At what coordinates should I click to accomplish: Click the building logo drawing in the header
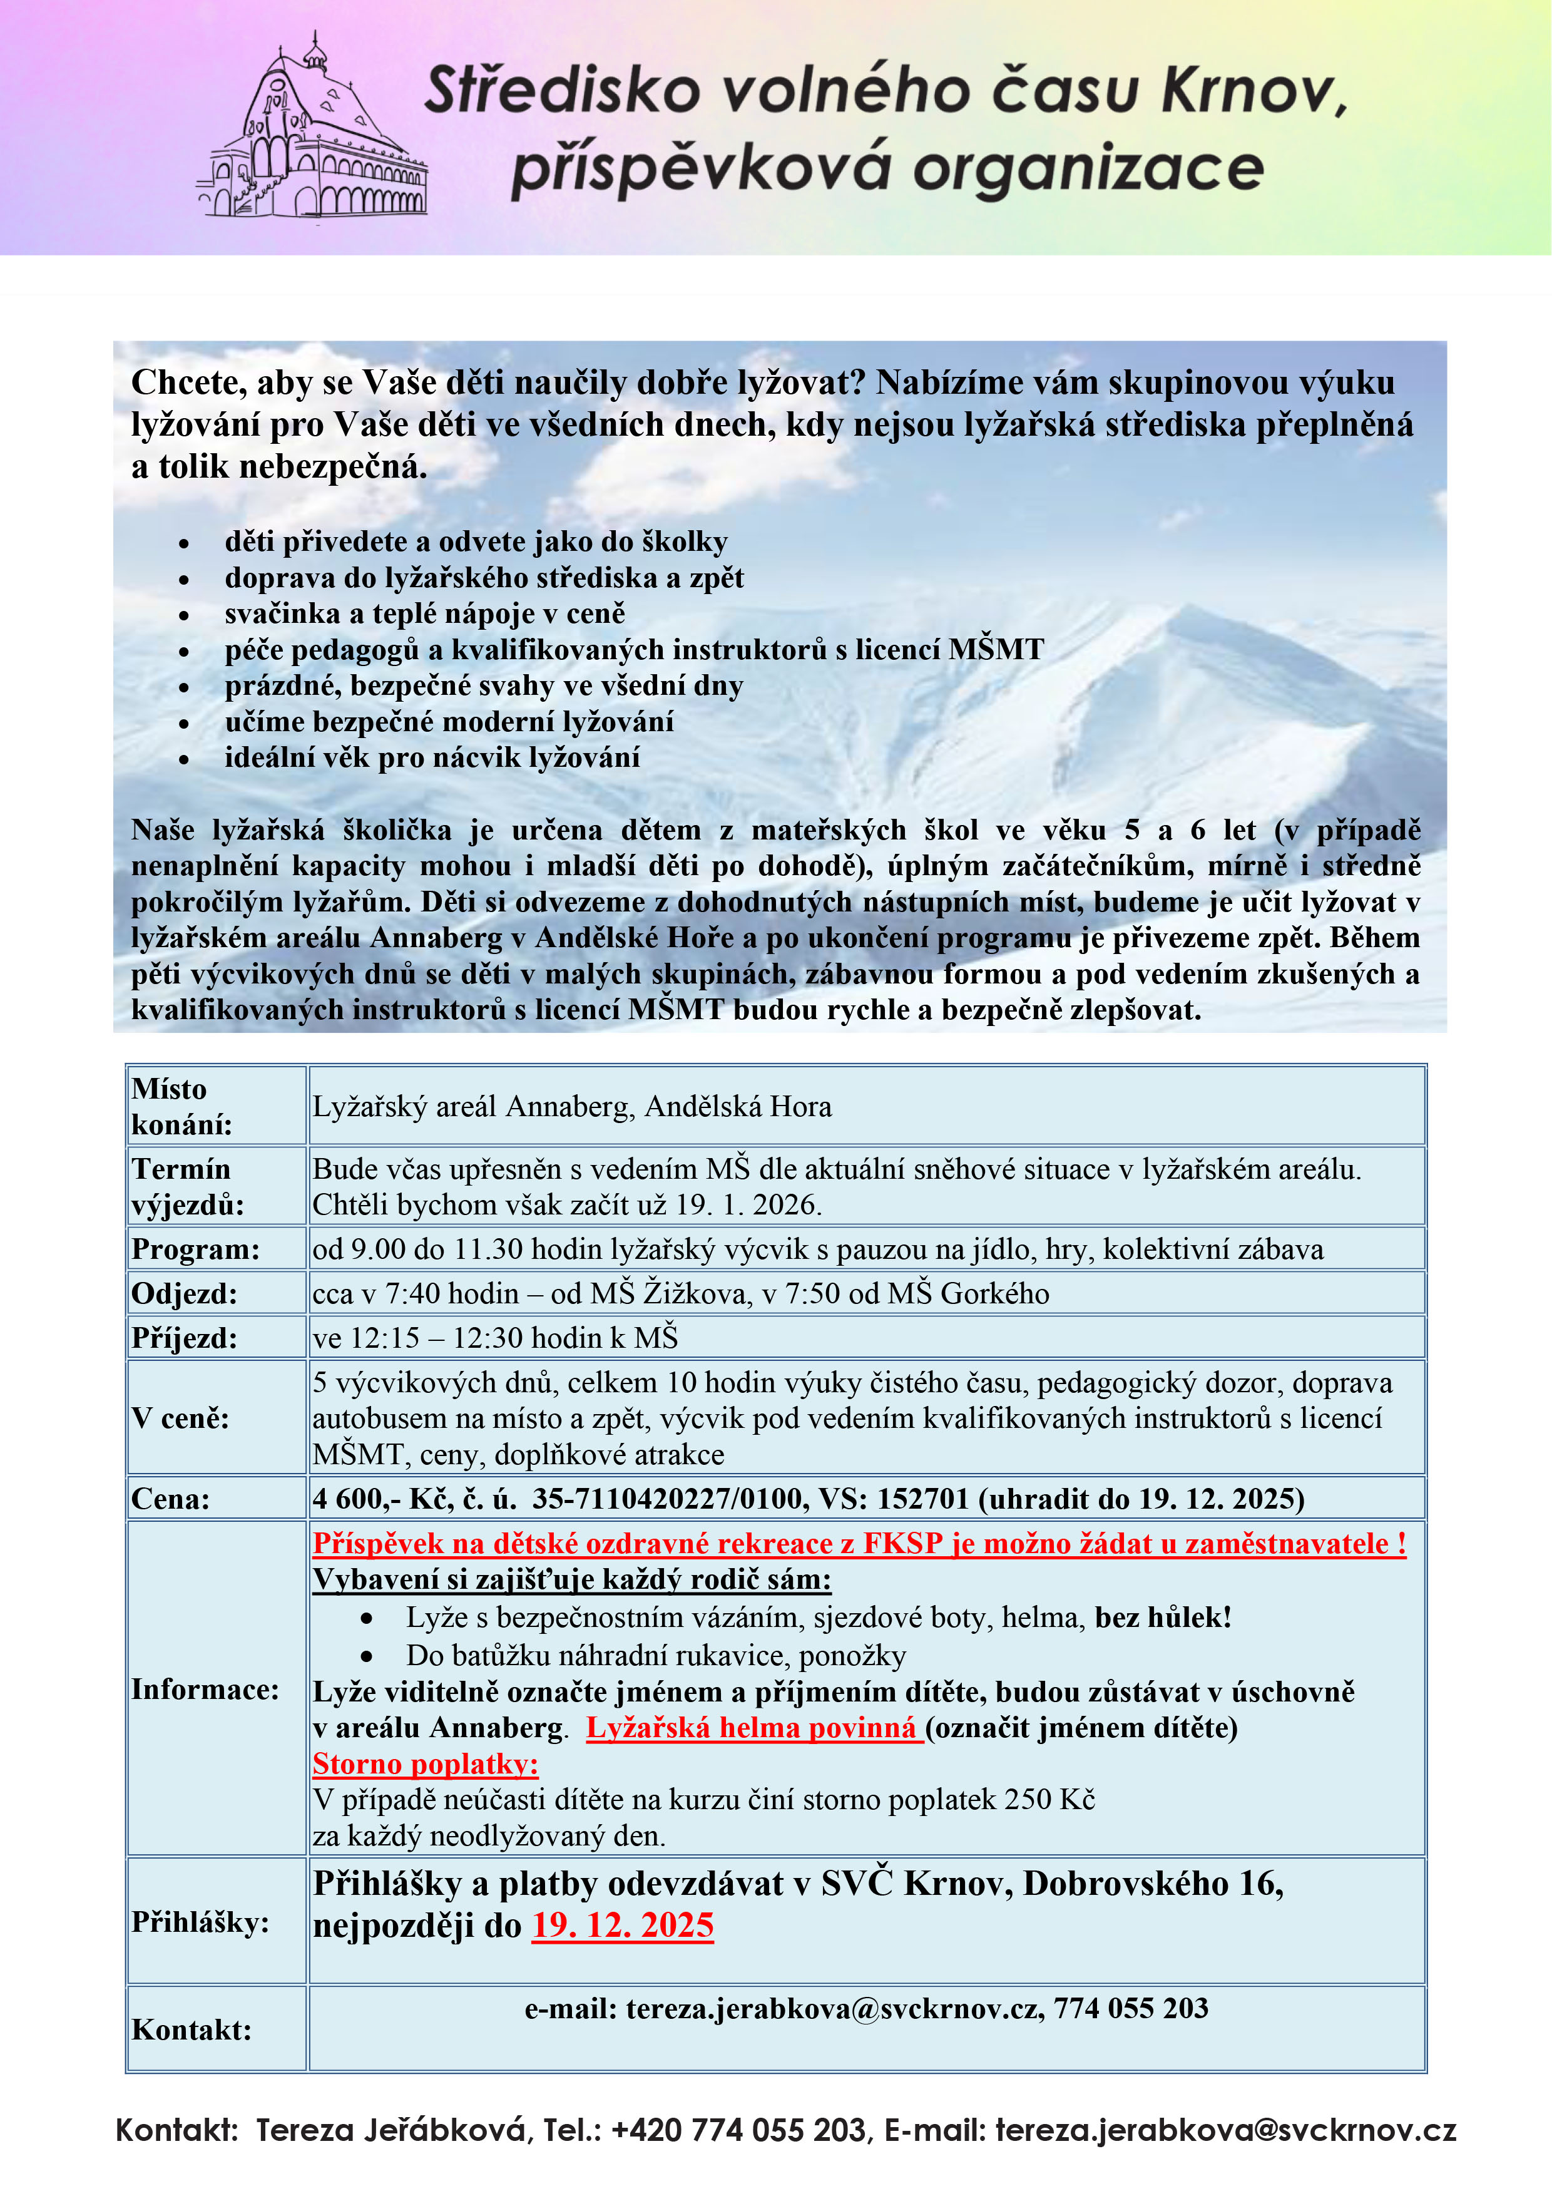click(312, 134)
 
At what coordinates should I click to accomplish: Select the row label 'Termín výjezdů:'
click(187, 1186)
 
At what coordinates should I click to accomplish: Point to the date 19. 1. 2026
click(748, 1204)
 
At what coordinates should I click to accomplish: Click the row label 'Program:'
click(195, 1249)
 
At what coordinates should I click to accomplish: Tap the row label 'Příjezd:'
click(183, 1337)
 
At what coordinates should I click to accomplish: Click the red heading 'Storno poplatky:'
click(426, 1763)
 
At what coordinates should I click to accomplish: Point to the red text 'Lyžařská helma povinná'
click(753, 1727)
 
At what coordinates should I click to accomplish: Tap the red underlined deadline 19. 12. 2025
click(623, 1924)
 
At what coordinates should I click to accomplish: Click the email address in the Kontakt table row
click(832, 2008)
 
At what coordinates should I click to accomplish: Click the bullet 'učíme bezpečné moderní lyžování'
click(449, 721)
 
